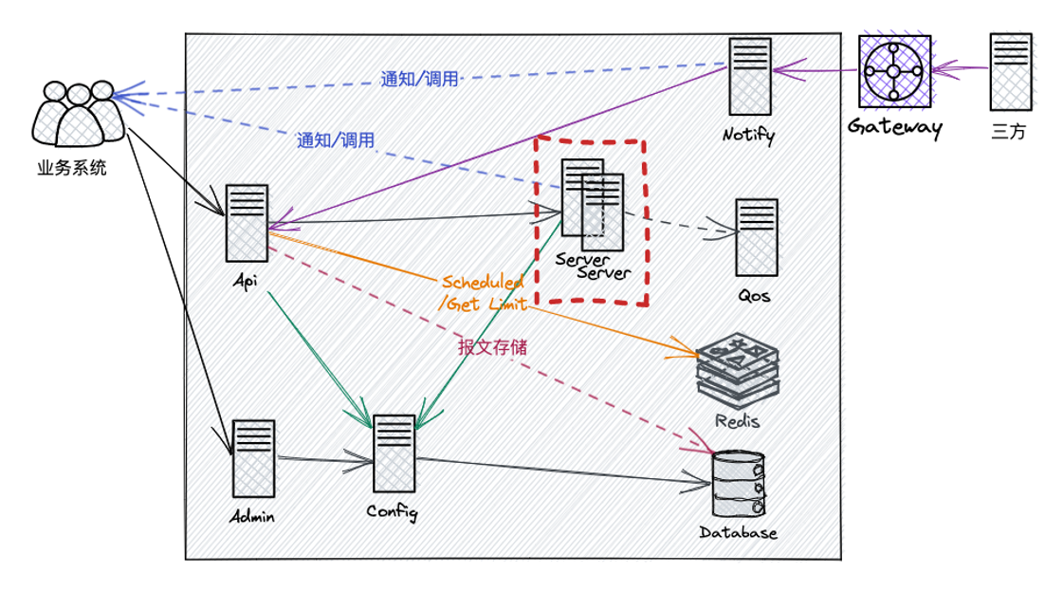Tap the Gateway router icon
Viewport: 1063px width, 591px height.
pyautogui.click(x=893, y=71)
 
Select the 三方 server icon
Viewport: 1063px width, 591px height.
pyautogui.click(x=1011, y=74)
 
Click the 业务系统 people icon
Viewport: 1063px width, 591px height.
pyautogui.click(x=78, y=114)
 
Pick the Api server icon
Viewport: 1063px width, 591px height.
pyautogui.click(x=247, y=223)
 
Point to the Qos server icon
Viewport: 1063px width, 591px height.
pyautogui.click(x=757, y=237)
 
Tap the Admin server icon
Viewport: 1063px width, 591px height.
pyautogui.click(x=253, y=458)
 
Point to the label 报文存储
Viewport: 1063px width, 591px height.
pyautogui.click(x=492, y=348)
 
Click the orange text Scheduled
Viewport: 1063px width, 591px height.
pyautogui.click(x=483, y=283)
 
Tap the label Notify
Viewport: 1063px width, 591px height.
pyautogui.click(x=748, y=135)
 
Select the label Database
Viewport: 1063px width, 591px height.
pyautogui.click(x=738, y=532)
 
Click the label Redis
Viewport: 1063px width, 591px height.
pyautogui.click(x=738, y=420)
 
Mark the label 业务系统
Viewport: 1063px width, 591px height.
pyautogui.click(x=72, y=169)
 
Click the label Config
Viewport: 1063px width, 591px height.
pyautogui.click(x=392, y=512)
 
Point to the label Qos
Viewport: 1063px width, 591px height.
pyautogui.click(x=754, y=296)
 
